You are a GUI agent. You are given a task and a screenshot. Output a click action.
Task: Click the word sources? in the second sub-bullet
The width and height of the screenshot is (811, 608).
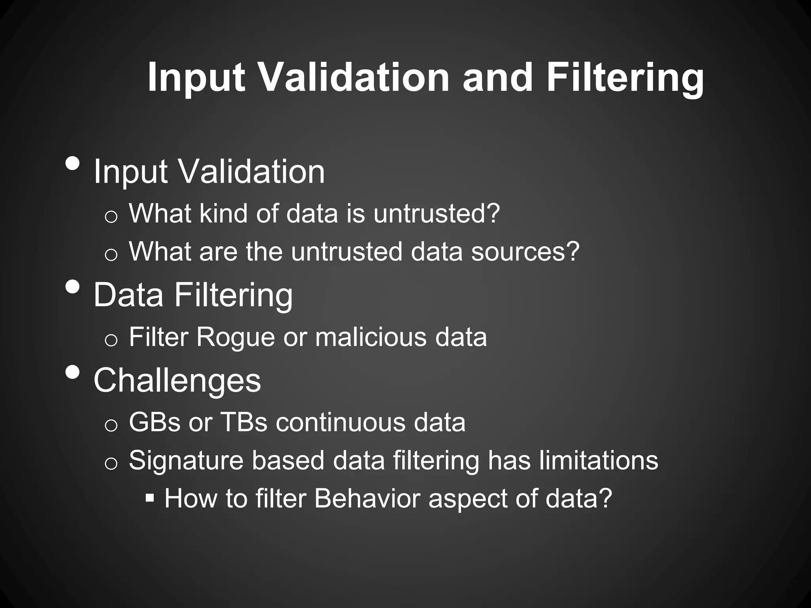[525, 252]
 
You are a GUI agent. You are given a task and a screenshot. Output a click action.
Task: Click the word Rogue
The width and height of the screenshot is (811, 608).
[235, 337]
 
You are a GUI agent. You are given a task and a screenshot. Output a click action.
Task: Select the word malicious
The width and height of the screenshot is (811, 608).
[371, 337]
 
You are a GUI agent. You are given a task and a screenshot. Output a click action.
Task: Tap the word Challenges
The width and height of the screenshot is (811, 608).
[177, 380]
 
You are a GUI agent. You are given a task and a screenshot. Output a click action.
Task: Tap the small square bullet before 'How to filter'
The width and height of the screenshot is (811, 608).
[150, 498]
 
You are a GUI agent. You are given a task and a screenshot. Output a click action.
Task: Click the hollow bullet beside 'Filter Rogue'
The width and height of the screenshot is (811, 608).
[111, 340]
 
